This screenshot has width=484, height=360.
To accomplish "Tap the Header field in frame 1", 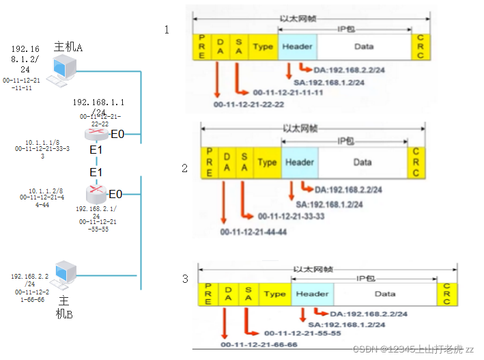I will tap(297, 46).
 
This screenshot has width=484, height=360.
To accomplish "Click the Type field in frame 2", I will tap(267, 162).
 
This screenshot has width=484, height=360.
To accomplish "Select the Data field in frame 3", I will tap(384, 294).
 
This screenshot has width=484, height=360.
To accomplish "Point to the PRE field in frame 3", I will tap(208, 294).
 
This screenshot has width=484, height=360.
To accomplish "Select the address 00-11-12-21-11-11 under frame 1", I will tap(287, 92).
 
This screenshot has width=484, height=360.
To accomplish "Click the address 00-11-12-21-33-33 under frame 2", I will tap(290, 216).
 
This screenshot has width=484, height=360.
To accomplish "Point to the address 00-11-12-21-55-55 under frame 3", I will tap(302, 333).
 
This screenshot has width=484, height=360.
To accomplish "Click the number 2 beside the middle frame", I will tap(184, 168).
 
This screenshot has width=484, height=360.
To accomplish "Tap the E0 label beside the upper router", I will tap(117, 134).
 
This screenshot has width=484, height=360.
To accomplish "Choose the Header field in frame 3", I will tap(312, 294).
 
